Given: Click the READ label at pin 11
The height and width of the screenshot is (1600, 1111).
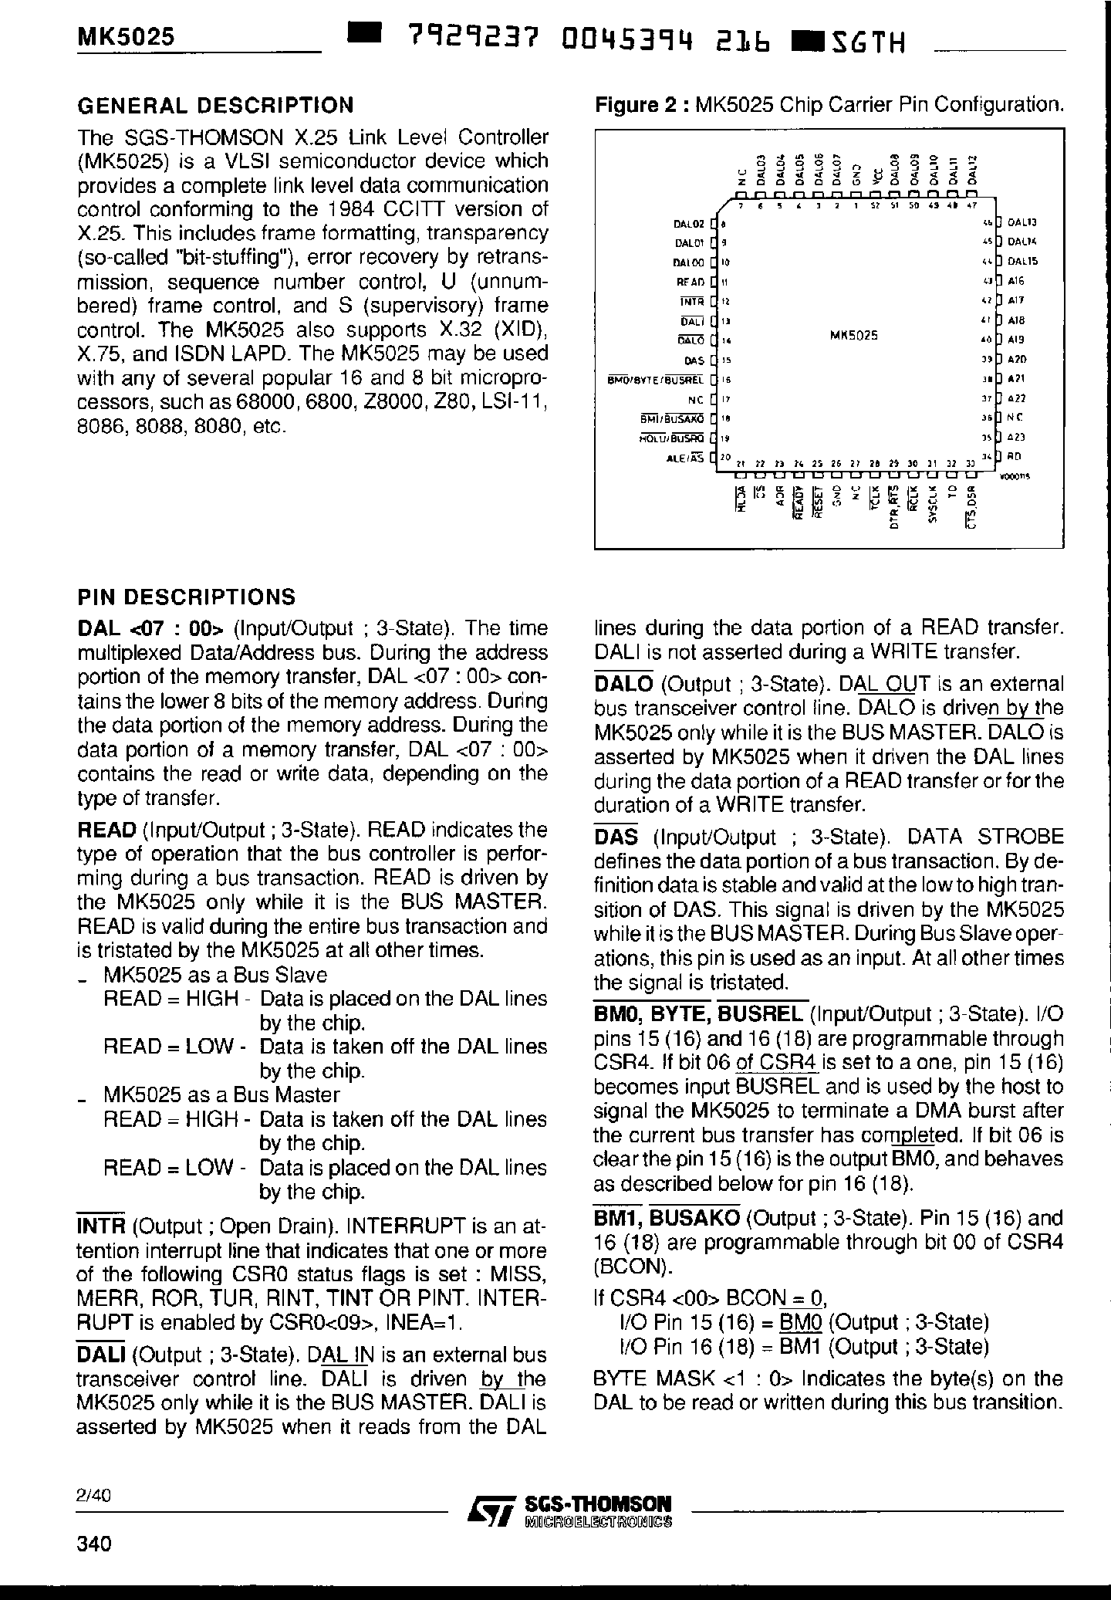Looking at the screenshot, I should click(690, 282).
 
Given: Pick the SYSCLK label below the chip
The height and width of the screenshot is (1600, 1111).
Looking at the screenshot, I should click(932, 503).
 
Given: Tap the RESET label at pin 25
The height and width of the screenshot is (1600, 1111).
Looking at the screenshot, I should click(819, 502).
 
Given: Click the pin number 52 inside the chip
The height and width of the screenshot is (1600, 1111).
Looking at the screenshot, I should click(874, 206).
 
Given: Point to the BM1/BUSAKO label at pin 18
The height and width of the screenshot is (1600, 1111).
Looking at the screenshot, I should click(672, 418).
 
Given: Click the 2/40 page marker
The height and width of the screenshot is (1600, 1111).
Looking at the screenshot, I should click(94, 1495).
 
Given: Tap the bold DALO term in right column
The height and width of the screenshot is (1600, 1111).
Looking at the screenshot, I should click(623, 684).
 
